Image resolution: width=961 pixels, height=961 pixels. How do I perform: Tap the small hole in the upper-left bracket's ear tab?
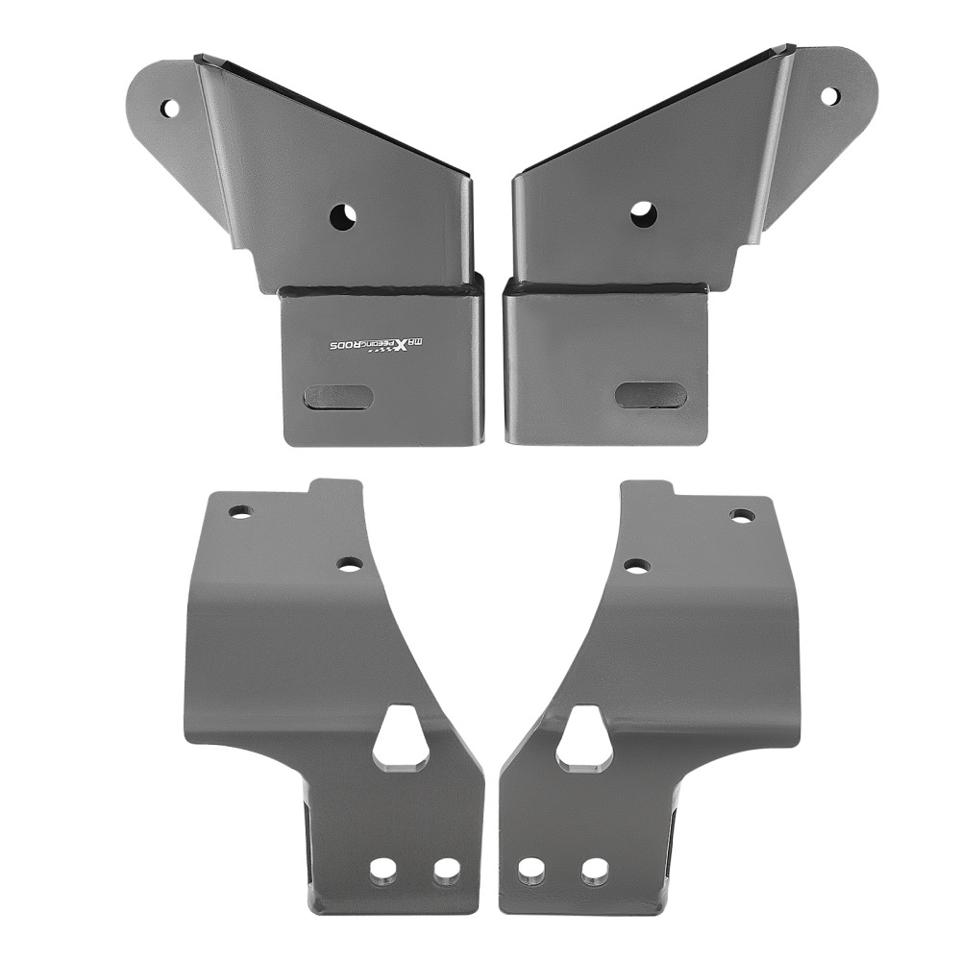pyautogui.click(x=169, y=108)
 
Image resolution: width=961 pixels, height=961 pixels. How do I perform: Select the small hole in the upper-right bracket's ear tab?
pyautogui.click(x=828, y=96)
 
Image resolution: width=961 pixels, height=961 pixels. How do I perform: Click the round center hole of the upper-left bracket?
pyautogui.click(x=341, y=216)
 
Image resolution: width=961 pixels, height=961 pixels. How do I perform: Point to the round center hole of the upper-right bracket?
pyautogui.click(x=643, y=214)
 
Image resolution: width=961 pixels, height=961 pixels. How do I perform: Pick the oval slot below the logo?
pyautogui.click(x=337, y=398)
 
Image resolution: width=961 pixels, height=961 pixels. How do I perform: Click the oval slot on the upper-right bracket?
pyautogui.click(x=651, y=395)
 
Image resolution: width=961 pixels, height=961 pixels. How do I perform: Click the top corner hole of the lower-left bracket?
pyautogui.click(x=239, y=511)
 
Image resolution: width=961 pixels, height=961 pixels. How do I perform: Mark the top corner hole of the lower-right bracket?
pyautogui.click(x=741, y=516)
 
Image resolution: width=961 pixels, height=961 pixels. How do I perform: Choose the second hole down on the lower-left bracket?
pyautogui.click(x=351, y=564)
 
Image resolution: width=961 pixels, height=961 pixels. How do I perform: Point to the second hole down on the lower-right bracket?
pyautogui.click(x=636, y=566)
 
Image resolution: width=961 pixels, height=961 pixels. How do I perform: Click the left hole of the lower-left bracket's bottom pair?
pyautogui.click(x=383, y=871)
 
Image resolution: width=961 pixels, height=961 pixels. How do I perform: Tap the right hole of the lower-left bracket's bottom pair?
pyautogui.click(x=445, y=871)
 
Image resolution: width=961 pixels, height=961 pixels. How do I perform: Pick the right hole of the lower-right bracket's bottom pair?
pyautogui.click(x=594, y=871)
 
